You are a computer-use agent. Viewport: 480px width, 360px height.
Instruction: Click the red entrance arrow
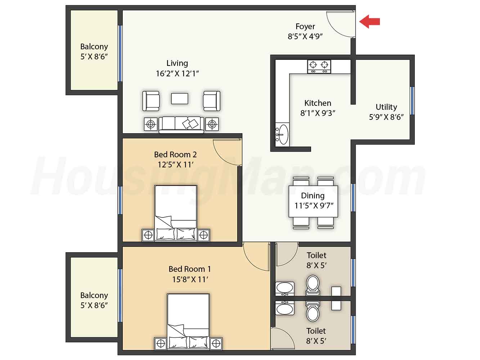[369, 22]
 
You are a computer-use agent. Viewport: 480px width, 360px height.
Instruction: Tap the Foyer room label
[305, 26]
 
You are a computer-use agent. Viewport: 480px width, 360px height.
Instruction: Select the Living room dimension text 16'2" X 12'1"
[177, 73]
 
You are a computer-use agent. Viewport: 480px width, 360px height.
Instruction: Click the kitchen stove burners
[319, 67]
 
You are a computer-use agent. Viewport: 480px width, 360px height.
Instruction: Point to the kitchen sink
[282, 134]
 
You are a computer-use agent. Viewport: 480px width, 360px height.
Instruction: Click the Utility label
[386, 107]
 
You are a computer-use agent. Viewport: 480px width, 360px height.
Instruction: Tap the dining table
[313, 201]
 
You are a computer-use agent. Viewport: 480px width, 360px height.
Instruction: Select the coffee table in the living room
[180, 99]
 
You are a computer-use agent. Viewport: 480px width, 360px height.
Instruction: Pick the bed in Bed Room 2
[176, 213]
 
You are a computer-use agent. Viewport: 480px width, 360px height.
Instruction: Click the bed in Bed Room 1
[188, 321]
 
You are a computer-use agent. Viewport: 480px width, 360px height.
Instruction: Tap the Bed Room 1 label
[190, 269]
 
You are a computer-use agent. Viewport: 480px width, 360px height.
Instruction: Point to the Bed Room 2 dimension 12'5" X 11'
[176, 165]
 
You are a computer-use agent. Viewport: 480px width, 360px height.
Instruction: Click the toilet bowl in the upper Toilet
[313, 286]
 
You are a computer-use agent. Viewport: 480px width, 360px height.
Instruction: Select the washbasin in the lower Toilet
[284, 308]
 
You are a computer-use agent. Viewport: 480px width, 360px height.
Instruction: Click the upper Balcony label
[94, 46]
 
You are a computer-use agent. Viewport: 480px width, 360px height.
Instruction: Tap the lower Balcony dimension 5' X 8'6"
[94, 305]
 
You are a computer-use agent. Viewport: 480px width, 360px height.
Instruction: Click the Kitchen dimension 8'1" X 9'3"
[318, 113]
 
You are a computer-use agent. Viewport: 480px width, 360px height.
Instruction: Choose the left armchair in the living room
[151, 101]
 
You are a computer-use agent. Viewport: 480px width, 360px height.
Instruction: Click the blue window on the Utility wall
[412, 101]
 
